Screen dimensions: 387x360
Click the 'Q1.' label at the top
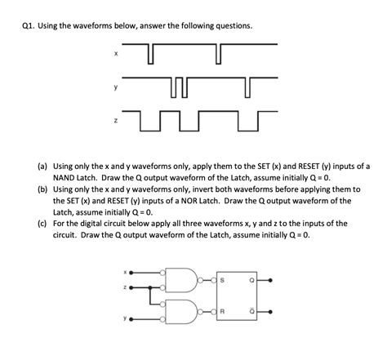click(x=29, y=25)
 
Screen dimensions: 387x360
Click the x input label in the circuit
click(x=126, y=271)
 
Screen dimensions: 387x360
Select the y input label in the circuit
click(x=126, y=318)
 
